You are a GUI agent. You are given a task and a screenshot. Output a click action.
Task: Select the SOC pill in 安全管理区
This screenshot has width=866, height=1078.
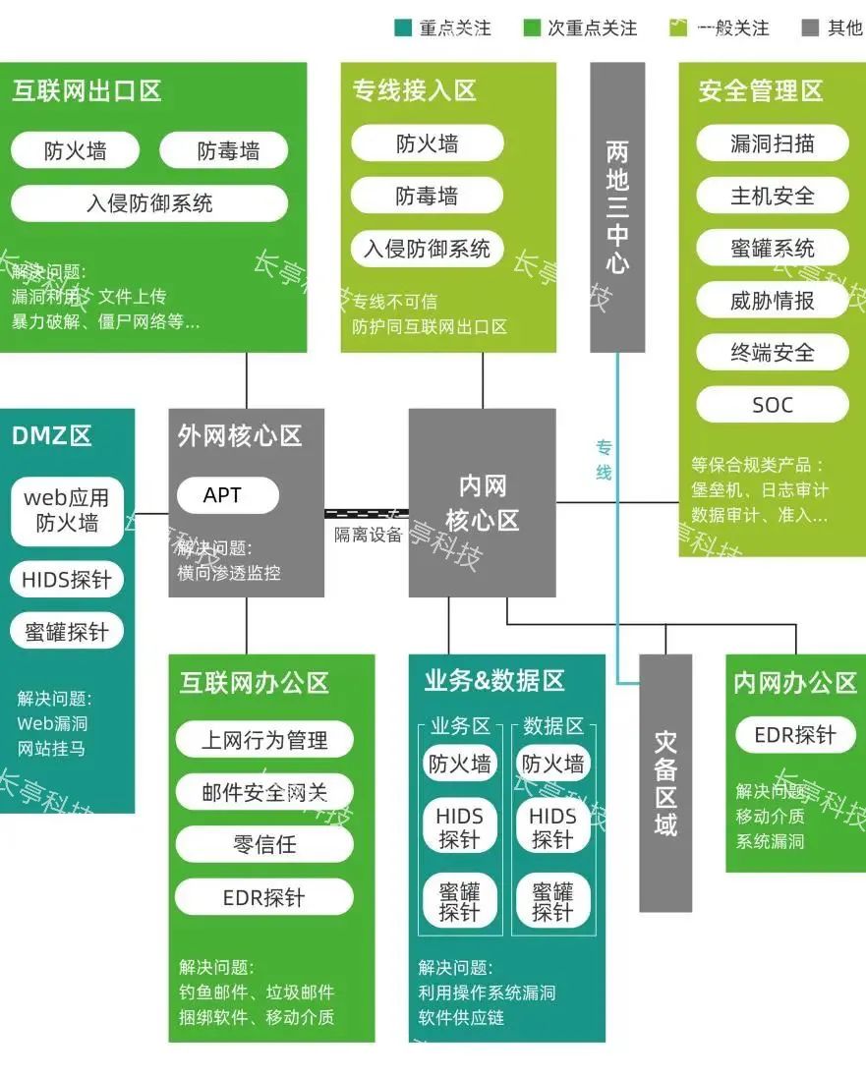772,405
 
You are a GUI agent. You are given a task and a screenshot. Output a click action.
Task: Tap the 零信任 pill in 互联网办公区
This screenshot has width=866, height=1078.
264,844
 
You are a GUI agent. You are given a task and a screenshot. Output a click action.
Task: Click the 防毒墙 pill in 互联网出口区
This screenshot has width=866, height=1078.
228,150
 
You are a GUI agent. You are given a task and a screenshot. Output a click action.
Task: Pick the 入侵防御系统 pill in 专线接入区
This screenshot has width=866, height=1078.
427,249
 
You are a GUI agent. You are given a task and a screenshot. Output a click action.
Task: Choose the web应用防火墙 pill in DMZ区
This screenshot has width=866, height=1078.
67,511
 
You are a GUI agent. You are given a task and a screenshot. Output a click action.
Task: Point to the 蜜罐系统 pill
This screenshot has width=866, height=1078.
772,249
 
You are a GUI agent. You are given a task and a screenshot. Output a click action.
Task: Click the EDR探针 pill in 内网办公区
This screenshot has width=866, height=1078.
794,735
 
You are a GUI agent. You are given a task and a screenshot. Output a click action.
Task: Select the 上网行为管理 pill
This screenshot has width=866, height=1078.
264,740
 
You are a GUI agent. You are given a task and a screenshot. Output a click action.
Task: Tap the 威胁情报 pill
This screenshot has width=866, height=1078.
772,301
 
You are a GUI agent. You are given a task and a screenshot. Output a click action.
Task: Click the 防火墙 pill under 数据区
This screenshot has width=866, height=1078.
552,764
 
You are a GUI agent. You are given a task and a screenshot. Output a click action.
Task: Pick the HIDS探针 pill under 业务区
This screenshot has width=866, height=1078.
459,827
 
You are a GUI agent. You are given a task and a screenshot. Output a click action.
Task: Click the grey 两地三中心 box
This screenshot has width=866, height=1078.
617,206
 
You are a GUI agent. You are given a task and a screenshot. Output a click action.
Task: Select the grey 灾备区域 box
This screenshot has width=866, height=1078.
665,782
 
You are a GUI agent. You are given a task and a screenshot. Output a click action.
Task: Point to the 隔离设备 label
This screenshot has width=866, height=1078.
369,536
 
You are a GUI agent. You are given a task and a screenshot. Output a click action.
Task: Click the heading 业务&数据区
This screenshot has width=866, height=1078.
494,680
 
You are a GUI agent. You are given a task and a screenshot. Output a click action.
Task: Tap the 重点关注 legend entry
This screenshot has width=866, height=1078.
443,28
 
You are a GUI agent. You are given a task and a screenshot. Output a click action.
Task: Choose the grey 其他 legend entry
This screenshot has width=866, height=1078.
832,28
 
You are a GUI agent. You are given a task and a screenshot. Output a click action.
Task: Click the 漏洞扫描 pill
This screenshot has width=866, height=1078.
772,143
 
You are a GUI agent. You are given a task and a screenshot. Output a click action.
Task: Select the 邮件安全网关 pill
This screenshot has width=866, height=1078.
264,792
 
